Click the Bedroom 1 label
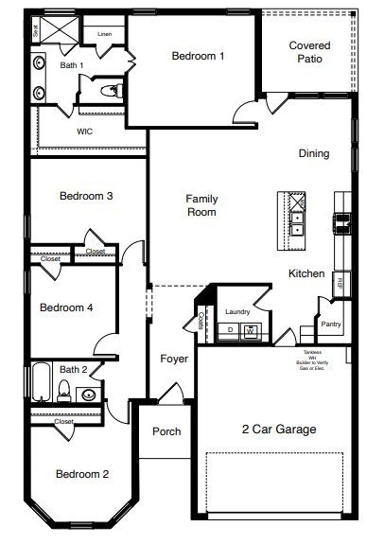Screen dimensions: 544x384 click(x=198, y=56)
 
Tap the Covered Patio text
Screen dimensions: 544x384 click(x=310, y=52)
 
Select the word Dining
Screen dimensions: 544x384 click(x=314, y=153)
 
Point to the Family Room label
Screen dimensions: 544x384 click(x=201, y=205)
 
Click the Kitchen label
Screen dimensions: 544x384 click(x=306, y=273)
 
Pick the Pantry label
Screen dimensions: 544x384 click(x=331, y=324)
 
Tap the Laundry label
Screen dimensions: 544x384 click(x=237, y=311)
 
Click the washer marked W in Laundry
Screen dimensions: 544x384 click(x=251, y=330)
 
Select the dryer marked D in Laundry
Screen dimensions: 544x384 click(x=230, y=330)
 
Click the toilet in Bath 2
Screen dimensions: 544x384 click(x=65, y=389)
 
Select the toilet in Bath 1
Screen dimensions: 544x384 click(x=112, y=91)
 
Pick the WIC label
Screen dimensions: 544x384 click(x=84, y=132)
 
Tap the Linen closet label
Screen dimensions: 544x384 click(x=103, y=34)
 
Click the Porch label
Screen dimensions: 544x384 click(x=166, y=431)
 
